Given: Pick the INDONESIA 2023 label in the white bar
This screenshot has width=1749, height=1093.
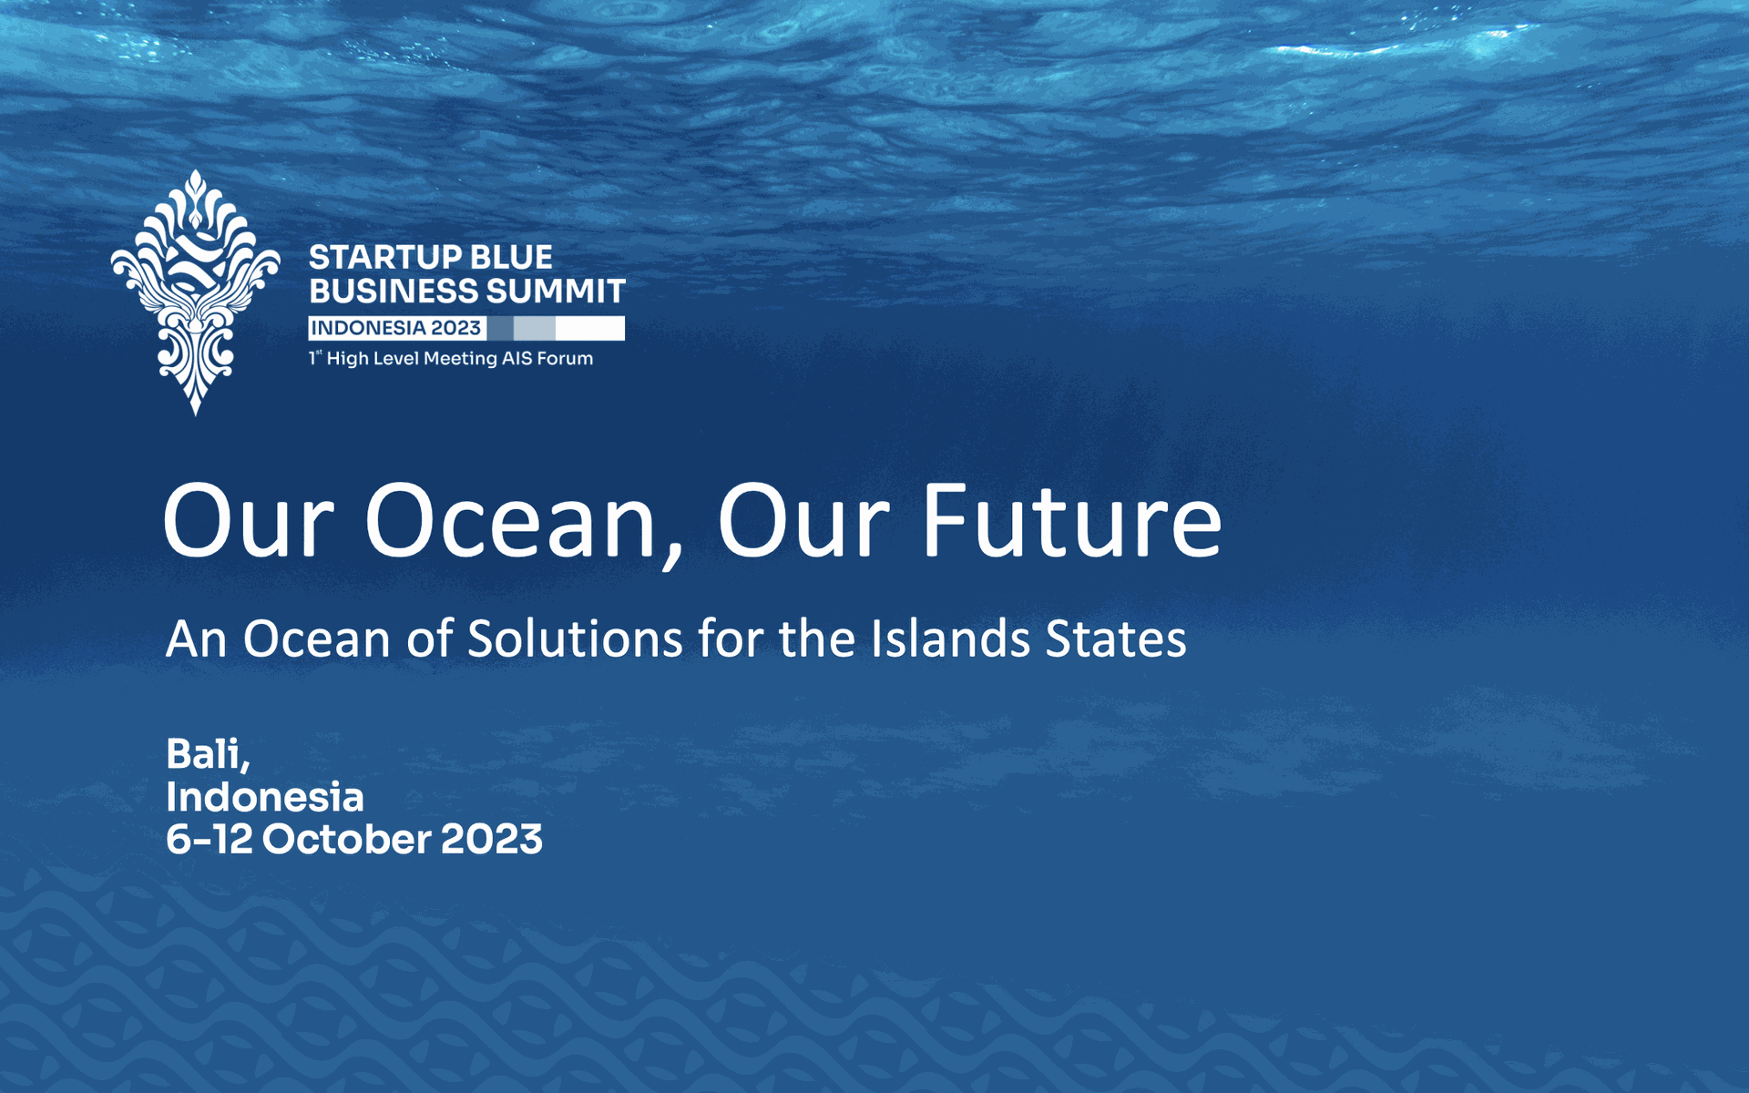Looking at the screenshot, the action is [x=396, y=328].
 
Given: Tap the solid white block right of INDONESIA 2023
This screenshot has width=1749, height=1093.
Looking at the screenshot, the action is [x=590, y=328].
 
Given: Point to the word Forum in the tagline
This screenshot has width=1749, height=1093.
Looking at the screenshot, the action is [x=565, y=358].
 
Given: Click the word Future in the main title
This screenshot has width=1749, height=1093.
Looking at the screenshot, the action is [x=1072, y=522].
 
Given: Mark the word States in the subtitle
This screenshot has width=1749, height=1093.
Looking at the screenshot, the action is [x=1116, y=638].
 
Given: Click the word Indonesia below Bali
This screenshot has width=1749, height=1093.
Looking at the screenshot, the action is [x=265, y=797].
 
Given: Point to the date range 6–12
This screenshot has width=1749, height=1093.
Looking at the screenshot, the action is [x=210, y=840].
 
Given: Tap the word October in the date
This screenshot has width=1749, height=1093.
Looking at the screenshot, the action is [x=347, y=840].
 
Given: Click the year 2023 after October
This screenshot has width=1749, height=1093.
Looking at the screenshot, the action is [x=492, y=840].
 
